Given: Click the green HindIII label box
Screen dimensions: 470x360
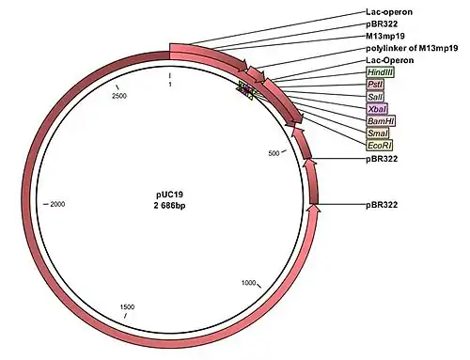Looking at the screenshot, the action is [380, 72].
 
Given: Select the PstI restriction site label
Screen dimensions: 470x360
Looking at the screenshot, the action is [375, 85].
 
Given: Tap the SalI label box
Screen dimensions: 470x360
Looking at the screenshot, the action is [375, 97].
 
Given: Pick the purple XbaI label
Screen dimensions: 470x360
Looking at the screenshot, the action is [377, 109].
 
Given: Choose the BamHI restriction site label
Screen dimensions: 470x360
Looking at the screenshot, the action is [381, 121].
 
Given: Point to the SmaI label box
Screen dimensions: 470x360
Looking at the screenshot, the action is [378, 133].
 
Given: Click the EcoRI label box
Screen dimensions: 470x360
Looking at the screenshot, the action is [380, 146].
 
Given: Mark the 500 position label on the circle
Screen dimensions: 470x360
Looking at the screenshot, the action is [274, 153].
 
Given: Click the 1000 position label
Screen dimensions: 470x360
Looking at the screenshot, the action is [248, 283].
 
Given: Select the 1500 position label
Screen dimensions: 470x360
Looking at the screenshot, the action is [127, 307].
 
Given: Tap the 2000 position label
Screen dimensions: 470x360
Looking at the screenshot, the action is [57, 204].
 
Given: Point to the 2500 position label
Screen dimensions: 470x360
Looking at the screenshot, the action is [119, 96].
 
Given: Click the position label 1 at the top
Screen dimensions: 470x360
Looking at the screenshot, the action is [170, 85].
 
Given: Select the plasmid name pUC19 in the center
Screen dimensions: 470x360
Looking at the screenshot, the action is [169, 195].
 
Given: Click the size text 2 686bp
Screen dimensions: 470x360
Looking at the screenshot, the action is [169, 206].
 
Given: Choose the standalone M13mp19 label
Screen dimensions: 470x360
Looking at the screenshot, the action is [385, 36].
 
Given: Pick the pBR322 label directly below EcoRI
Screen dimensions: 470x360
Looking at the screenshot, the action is [382, 159].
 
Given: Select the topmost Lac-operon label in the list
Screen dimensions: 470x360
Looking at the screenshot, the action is [389, 12].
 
